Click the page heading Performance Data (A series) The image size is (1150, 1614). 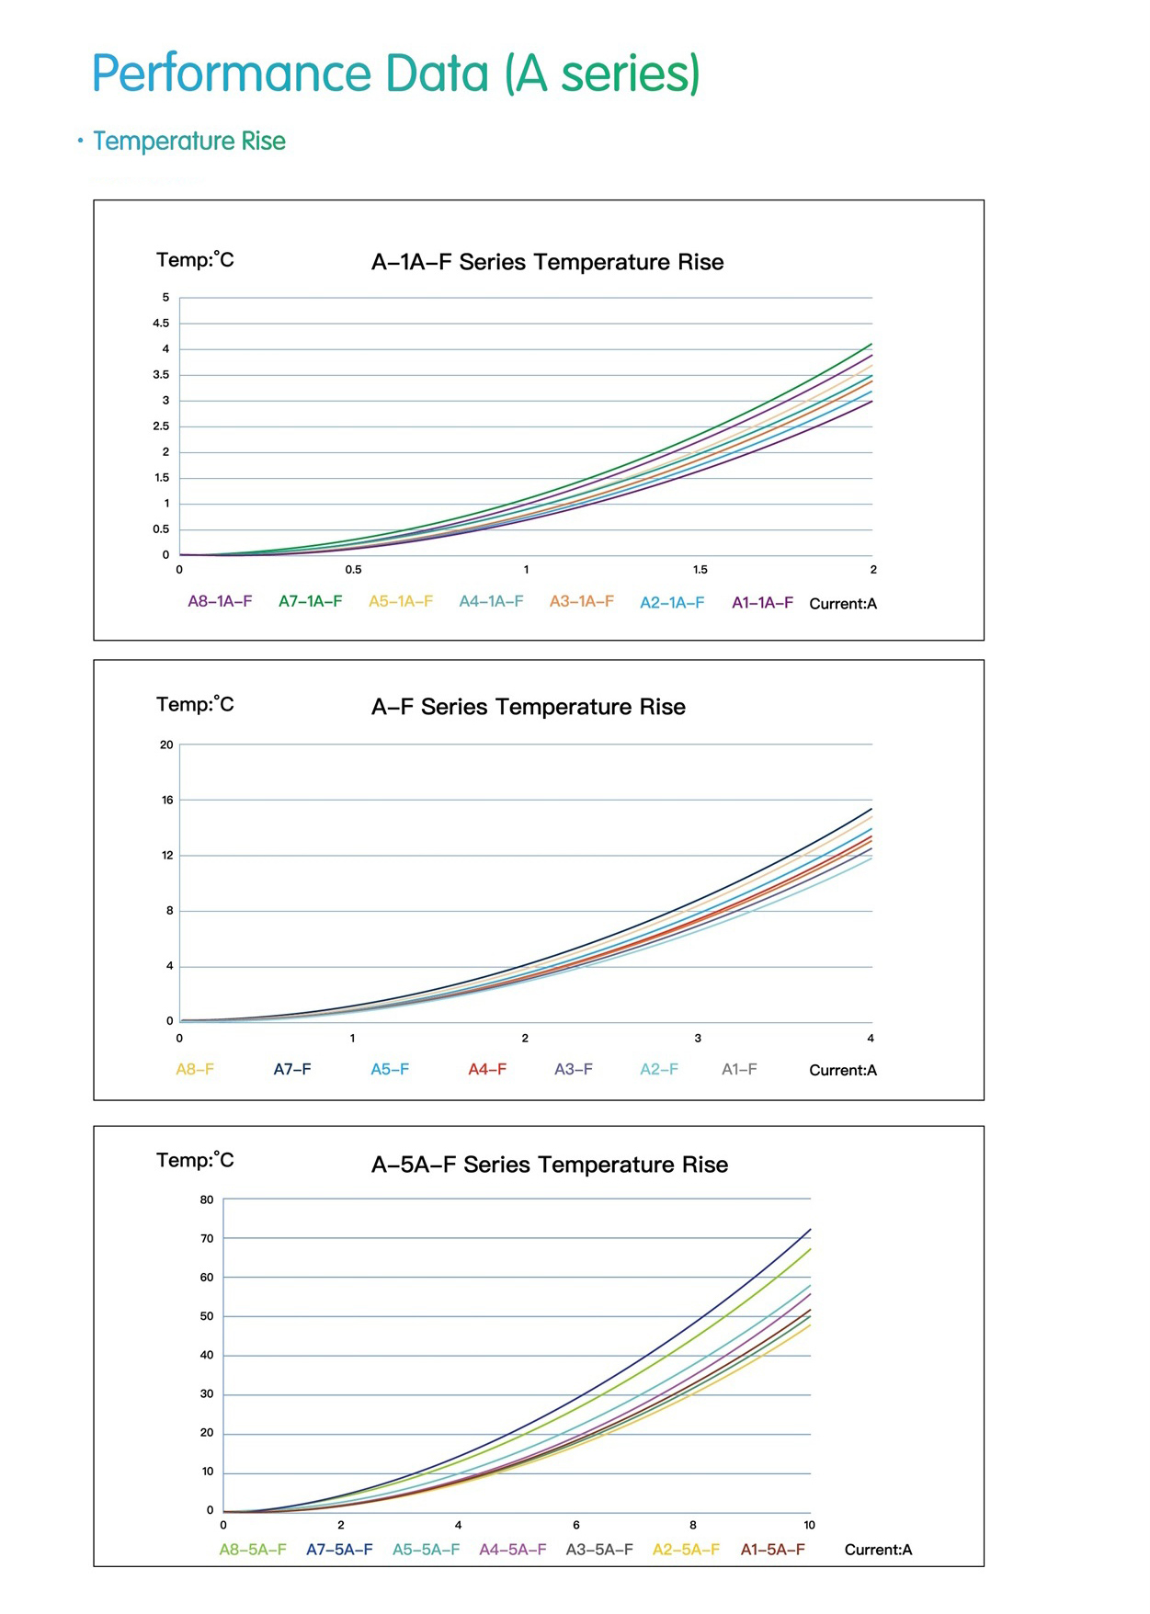pos(395,74)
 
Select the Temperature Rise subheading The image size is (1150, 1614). pos(189,141)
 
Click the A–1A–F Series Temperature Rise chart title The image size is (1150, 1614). pos(547,262)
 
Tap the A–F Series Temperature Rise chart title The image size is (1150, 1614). pos(528,707)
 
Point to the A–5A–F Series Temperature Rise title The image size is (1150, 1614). pos(549,1165)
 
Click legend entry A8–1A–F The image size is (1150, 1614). pos(220,601)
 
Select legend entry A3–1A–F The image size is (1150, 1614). pos(581,601)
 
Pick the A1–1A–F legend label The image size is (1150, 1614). pos(762,603)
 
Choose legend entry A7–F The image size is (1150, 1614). pos(292,1069)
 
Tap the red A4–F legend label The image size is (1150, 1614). pos(487,1069)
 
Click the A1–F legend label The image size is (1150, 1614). pos(739,1069)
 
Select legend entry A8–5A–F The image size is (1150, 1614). pos(253,1550)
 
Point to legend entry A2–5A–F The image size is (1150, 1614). pos(686,1550)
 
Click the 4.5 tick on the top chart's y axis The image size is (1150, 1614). pos(161,324)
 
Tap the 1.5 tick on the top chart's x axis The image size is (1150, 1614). pos(700,570)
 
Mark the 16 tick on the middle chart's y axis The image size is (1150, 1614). pos(167,800)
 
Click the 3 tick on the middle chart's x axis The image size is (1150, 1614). pos(698,1039)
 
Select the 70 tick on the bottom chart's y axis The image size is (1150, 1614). pos(207,1238)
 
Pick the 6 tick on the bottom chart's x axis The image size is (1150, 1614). pos(576,1525)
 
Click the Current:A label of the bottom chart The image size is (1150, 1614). pos(878,1550)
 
